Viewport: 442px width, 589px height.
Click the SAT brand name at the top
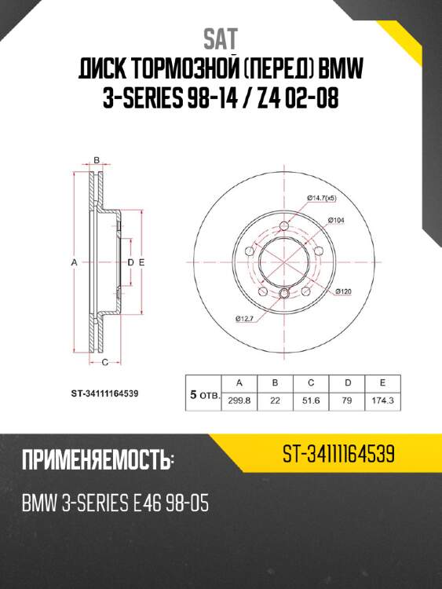click(221, 37)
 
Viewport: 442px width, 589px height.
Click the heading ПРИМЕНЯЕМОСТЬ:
click(98, 459)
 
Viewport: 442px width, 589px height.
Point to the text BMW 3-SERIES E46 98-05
click(115, 503)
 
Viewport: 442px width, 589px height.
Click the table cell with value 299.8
click(239, 400)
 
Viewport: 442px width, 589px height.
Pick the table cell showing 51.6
click(311, 400)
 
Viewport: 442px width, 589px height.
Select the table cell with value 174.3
click(382, 400)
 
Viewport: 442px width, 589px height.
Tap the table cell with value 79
click(346, 400)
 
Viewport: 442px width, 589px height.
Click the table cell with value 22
click(275, 400)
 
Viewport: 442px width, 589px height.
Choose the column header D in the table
click(346, 382)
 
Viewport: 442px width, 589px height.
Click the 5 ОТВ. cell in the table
click(203, 396)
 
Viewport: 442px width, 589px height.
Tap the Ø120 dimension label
click(343, 291)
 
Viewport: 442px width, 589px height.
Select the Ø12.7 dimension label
click(243, 318)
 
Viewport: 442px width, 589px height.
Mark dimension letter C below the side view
click(104, 362)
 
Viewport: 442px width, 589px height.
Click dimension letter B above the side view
click(96, 160)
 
